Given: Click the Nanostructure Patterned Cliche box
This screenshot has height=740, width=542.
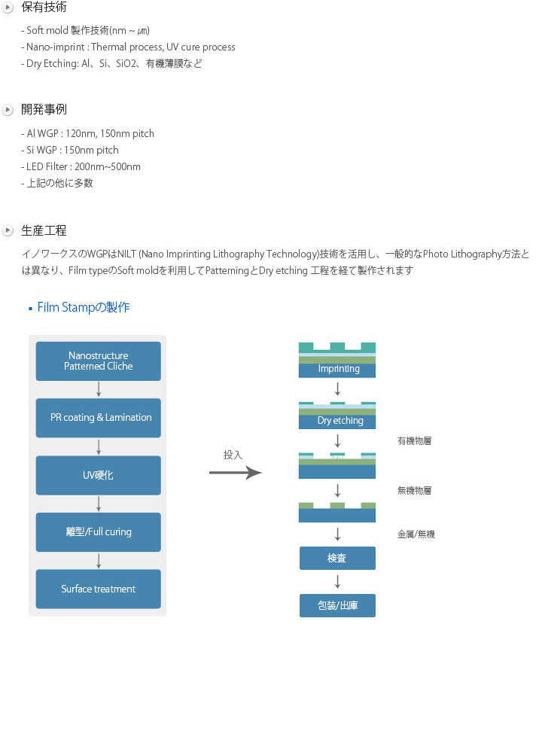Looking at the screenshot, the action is [98, 361].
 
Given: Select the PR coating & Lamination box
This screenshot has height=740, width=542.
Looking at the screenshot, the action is [98, 418].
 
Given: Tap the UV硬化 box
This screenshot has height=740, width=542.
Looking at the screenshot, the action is [98, 475].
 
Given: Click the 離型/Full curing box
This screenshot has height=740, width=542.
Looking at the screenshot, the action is [98, 532].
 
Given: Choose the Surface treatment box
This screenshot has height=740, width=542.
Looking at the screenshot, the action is [98, 589].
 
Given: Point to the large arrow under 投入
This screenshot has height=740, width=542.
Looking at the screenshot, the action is [236, 473].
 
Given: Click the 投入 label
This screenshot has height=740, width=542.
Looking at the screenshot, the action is [233, 455].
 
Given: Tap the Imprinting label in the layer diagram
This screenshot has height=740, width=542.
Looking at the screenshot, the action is [339, 369].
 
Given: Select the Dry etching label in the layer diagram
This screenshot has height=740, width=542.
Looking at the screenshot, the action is [340, 421].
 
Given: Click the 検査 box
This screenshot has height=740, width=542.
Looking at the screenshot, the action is [337, 558].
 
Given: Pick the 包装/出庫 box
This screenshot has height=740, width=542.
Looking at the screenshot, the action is [337, 605].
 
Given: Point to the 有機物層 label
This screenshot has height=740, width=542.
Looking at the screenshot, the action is [414, 441].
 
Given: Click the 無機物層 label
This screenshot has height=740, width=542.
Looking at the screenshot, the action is [414, 490].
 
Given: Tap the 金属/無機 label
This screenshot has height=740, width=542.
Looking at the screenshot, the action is [416, 534].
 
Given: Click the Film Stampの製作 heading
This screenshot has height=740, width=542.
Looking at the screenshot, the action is [84, 307].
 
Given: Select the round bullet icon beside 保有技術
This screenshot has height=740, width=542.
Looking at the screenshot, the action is [8, 8].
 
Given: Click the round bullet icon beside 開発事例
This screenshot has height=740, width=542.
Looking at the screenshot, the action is [8, 110].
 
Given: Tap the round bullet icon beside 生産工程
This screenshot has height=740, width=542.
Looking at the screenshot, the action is [8, 230].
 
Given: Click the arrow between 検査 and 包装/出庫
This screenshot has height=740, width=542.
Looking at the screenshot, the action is [337, 581].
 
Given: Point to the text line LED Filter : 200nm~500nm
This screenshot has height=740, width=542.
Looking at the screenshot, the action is [81, 166].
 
